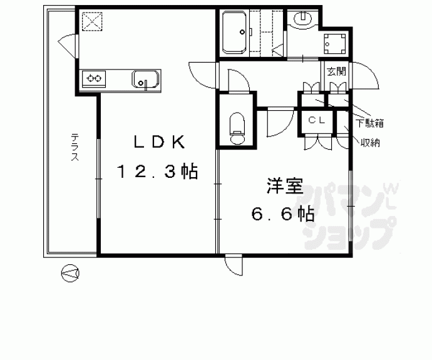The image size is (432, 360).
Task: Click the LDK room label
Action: click(x=158, y=142)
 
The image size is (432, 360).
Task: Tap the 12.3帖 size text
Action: click(x=157, y=171)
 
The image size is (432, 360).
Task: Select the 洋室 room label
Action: click(x=284, y=186)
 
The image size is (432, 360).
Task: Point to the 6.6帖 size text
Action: click(x=283, y=214)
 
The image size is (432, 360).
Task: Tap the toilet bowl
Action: click(x=237, y=129)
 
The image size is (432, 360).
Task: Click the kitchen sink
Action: click(x=146, y=80)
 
